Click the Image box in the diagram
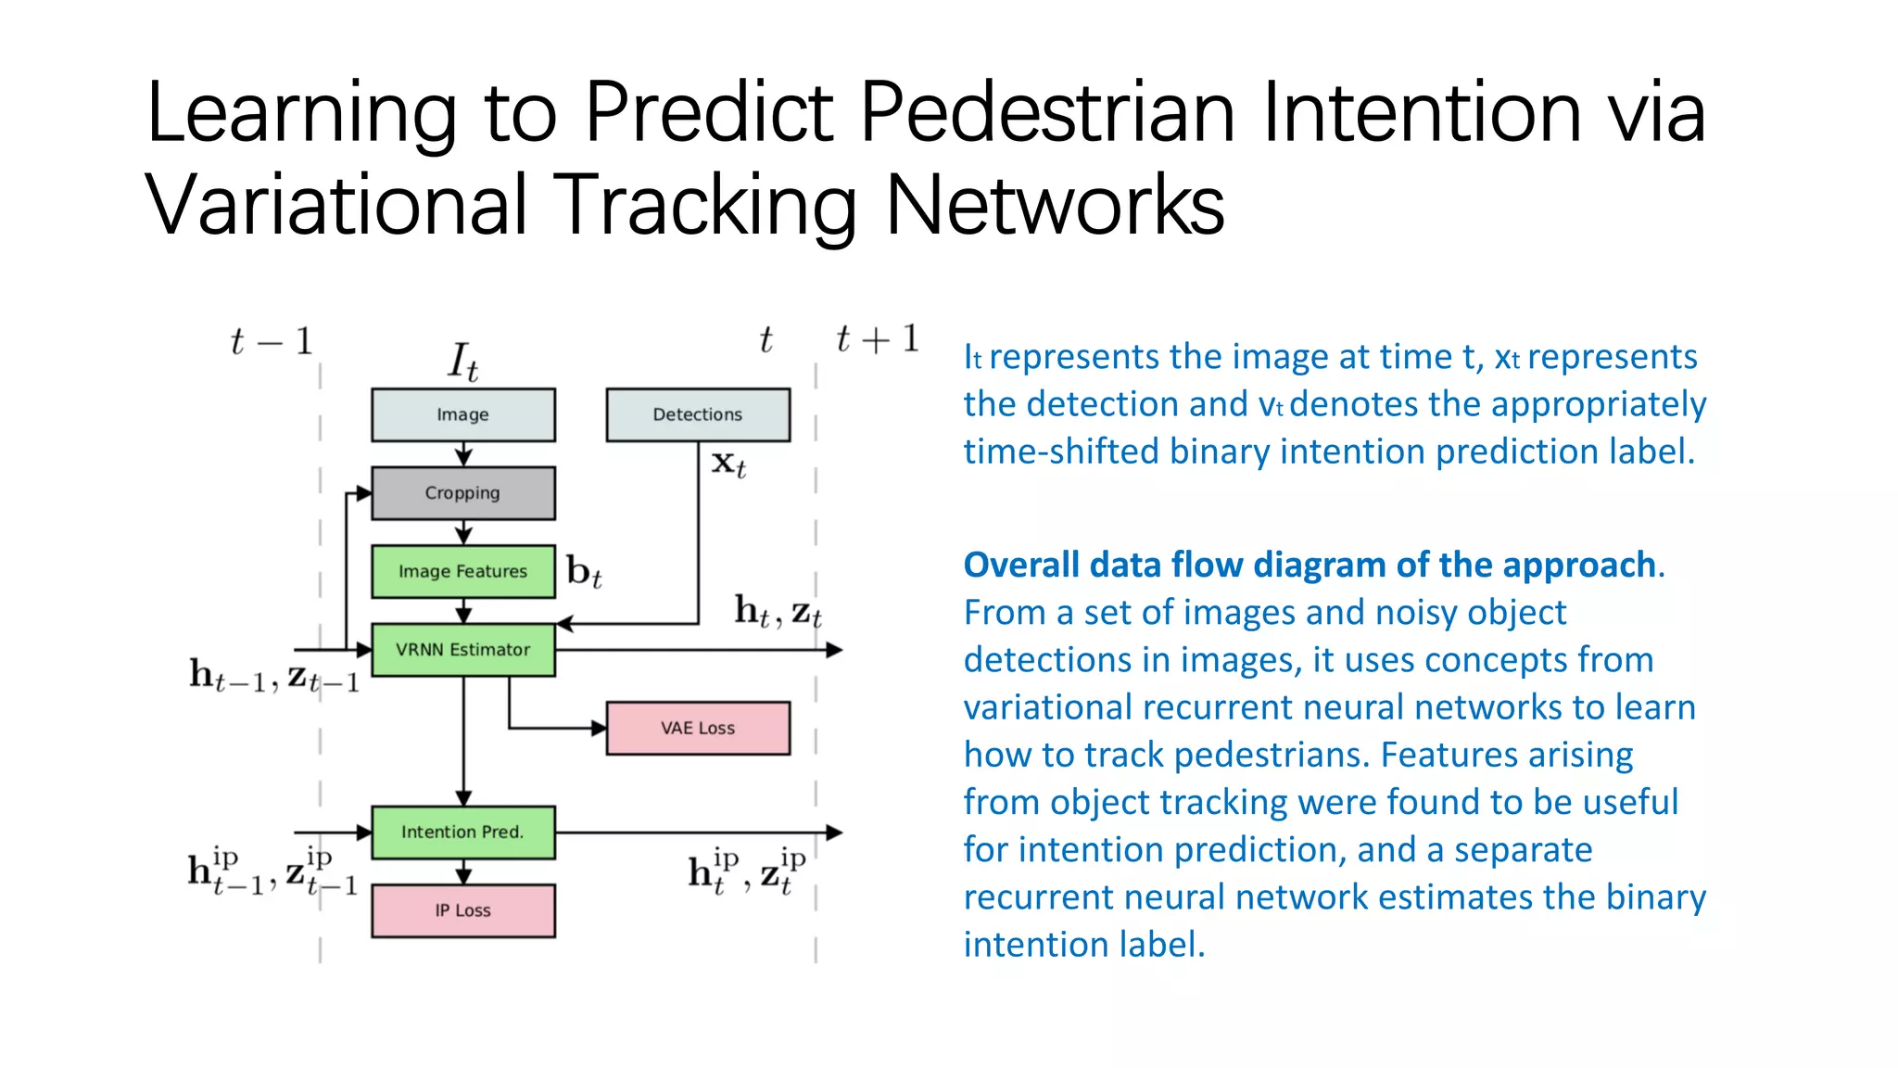coord(463,414)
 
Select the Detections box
coord(698,414)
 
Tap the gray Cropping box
coord(463,493)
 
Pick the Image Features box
coord(463,571)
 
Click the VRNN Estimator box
coord(463,650)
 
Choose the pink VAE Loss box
coord(698,728)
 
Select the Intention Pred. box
coord(463,832)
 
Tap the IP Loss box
coord(463,910)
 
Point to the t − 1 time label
coord(271,342)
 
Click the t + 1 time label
coord(877,339)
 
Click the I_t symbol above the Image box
coord(462,362)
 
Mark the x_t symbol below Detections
coord(728,463)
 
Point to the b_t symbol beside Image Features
coord(584,572)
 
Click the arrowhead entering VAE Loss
coord(600,729)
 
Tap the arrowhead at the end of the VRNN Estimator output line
coord(834,650)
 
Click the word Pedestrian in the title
coord(1047,113)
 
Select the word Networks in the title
coord(1055,206)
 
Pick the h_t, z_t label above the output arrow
coord(778,611)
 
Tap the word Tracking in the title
coord(709,206)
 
